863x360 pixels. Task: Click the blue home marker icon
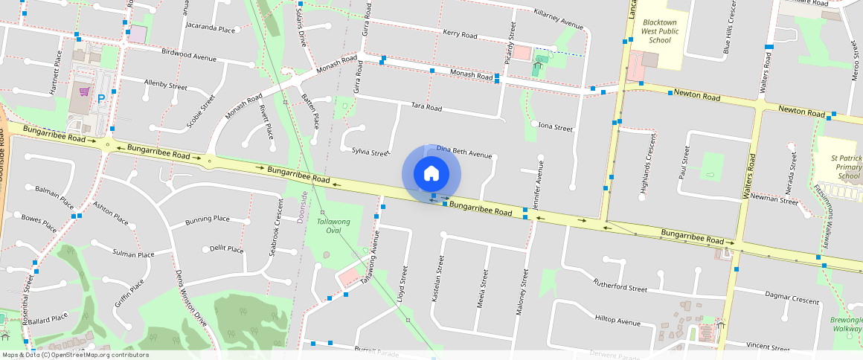coord(431,174)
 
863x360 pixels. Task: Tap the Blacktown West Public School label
coord(659,30)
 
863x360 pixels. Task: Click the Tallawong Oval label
coord(333,226)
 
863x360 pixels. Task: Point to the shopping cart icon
coord(84,92)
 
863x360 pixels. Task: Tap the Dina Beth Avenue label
coord(464,152)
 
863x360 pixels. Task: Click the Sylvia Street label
coord(370,152)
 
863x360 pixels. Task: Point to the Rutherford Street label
coord(620,285)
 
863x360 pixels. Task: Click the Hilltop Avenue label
coord(617,321)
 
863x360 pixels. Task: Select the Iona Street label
coord(555,127)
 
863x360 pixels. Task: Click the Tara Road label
coord(426,108)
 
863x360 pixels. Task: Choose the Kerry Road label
coord(460,34)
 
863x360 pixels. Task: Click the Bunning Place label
coord(207,219)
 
